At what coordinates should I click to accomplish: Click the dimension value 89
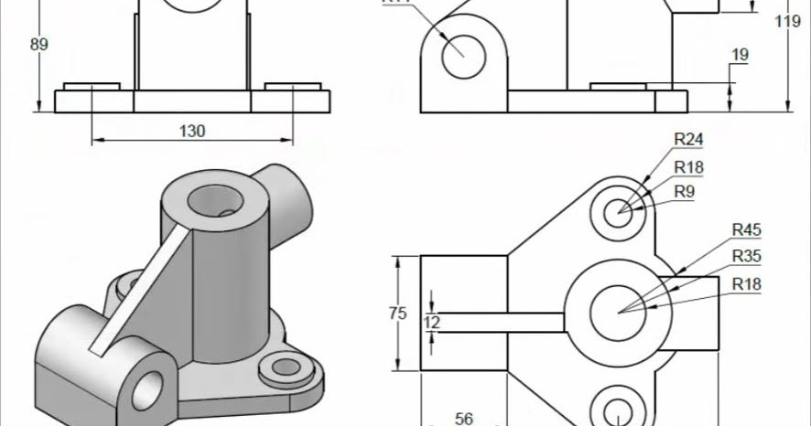[38, 44]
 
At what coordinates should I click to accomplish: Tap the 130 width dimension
[191, 131]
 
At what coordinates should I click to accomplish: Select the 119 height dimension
[788, 21]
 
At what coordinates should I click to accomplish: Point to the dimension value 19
[740, 55]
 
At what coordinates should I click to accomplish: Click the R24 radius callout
[688, 139]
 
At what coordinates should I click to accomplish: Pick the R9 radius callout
[684, 191]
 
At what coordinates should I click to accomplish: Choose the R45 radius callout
[746, 229]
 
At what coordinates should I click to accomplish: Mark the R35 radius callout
[746, 257]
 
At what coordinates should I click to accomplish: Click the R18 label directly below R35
[746, 284]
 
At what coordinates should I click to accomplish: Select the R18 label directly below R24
[688, 166]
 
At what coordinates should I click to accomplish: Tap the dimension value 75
[397, 314]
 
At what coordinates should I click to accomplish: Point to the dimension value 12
[432, 322]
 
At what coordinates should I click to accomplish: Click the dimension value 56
[464, 419]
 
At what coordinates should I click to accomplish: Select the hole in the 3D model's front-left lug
[147, 391]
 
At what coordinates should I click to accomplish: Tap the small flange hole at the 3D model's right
[287, 367]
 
